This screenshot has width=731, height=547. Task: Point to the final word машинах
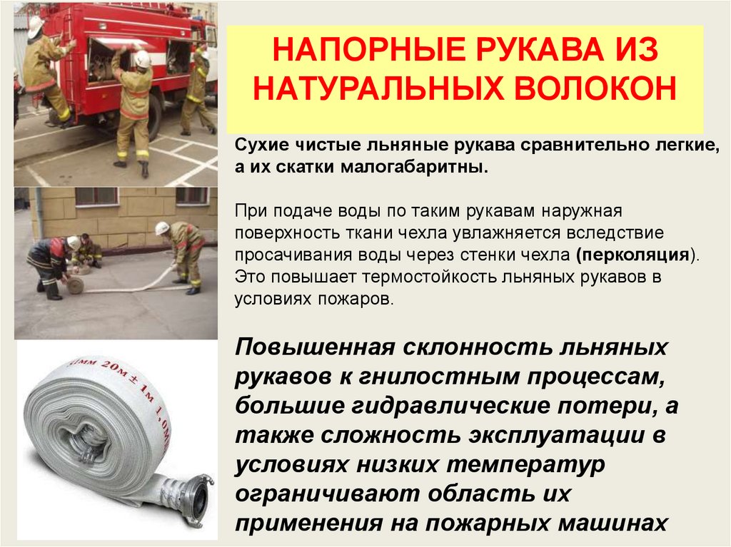(x=612, y=523)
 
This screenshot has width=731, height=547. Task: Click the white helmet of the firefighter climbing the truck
(x=36, y=26)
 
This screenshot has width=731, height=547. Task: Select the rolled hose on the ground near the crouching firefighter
(x=74, y=285)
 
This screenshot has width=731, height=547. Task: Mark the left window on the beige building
(x=96, y=196)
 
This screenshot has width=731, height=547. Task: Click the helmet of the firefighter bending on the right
(x=162, y=228)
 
